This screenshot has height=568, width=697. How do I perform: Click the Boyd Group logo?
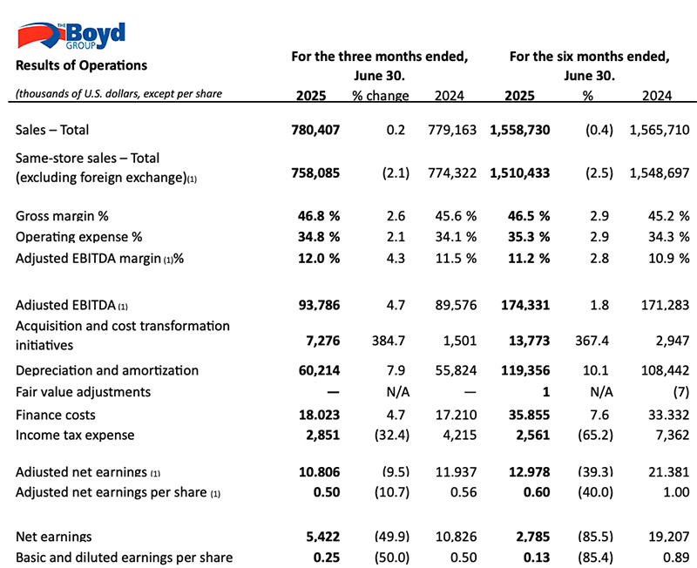point(71,36)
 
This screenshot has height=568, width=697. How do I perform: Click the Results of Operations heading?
point(81,65)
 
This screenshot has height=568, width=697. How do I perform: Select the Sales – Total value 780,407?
point(315,130)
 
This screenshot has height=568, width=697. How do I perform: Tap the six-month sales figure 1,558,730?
point(520,130)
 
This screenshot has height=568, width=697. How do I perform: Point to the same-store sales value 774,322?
point(452,172)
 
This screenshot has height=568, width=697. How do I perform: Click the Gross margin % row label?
point(62,216)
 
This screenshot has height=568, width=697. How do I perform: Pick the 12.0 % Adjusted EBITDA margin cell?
point(319,258)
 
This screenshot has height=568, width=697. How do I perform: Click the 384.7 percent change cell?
point(389,341)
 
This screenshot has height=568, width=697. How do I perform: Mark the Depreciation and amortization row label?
point(107,370)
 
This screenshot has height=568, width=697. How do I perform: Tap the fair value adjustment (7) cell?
point(681,392)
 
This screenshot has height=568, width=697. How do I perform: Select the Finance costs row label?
point(56,415)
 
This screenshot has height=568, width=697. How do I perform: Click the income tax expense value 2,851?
point(322,435)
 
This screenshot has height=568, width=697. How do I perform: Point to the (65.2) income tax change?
point(595,435)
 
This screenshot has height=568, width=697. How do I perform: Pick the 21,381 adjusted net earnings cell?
point(668,471)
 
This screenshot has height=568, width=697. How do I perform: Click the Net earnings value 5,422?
point(322,537)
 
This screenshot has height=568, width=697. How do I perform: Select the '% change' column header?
point(381,96)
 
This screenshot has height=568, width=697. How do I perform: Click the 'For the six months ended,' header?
point(590,57)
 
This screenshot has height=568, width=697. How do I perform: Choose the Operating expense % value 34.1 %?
point(456,237)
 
